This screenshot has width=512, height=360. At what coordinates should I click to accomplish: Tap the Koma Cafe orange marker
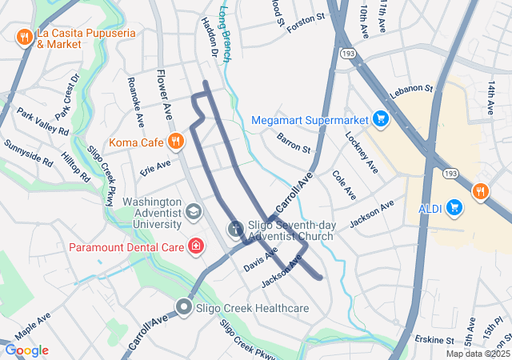[175, 142]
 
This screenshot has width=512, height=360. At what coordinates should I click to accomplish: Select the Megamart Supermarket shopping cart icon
[381, 120]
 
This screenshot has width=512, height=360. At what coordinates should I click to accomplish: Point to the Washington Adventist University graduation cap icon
[193, 211]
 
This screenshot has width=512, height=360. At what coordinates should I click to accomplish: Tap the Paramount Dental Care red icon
[194, 245]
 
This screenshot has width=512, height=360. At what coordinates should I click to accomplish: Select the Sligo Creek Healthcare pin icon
[185, 307]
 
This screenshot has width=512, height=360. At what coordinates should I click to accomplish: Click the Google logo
[26, 350]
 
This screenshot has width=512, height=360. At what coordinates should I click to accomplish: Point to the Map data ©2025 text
[477, 354]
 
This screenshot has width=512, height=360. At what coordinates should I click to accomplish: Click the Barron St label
[294, 142]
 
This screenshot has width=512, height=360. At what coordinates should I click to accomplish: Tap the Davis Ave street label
[260, 258]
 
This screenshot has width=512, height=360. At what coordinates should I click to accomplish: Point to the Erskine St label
[435, 340]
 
